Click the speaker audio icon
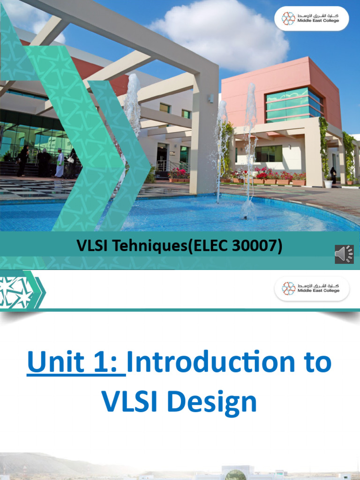[x=344, y=254]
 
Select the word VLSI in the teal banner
[x=91, y=246]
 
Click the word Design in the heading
[x=212, y=403]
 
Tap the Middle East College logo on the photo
[x=311, y=18]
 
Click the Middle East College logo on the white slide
[x=312, y=288]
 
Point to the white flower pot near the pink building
[x=328, y=184]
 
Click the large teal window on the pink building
[x=294, y=105]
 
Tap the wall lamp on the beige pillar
[x=211, y=98]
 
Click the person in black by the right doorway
[x=333, y=175]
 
